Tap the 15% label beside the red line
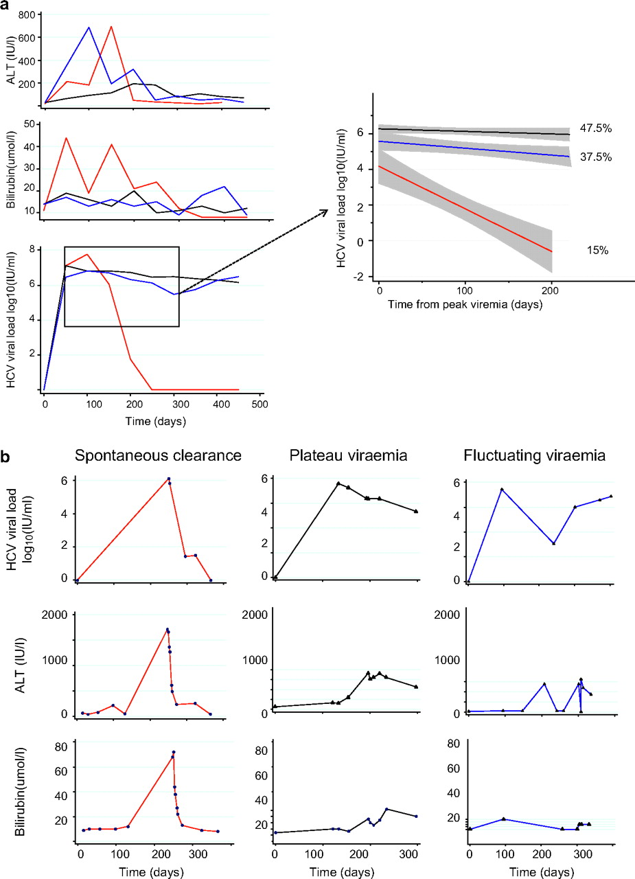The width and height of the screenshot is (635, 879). click(597, 251)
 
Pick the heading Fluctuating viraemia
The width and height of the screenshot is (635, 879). click(538, 455)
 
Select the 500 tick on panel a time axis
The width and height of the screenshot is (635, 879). click(259, 405)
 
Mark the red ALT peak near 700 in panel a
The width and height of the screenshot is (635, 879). click(111, 27)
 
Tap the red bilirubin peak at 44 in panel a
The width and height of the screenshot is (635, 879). click(66, 137)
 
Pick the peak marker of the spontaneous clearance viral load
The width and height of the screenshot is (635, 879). click(168, 479)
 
